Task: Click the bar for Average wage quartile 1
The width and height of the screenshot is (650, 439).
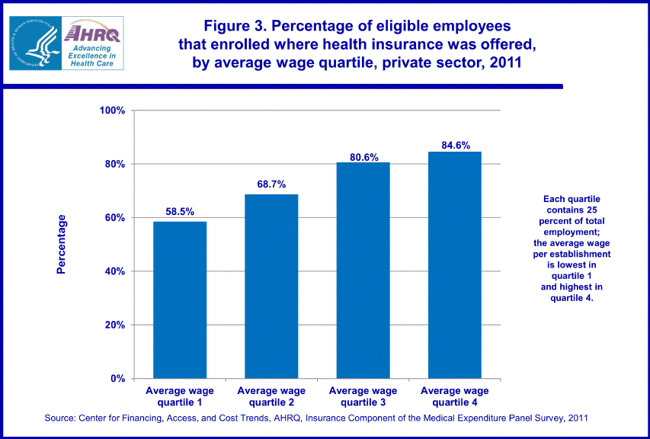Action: click(180, 300)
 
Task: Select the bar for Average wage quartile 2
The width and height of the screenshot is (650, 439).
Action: click(271, 286)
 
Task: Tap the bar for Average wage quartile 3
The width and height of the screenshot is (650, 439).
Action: click(363, 270)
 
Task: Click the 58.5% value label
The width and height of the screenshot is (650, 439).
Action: click(180, 213)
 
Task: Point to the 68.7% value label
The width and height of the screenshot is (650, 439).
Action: click(271, 185)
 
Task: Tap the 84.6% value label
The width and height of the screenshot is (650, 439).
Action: click(455, 145)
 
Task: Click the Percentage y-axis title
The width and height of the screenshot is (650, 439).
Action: click(62, 244)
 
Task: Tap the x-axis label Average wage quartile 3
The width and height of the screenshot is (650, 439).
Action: click(363, 396)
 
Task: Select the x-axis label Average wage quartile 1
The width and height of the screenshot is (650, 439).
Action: click(180, 396)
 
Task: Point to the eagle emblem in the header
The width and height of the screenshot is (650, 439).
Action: click(34, 42)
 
